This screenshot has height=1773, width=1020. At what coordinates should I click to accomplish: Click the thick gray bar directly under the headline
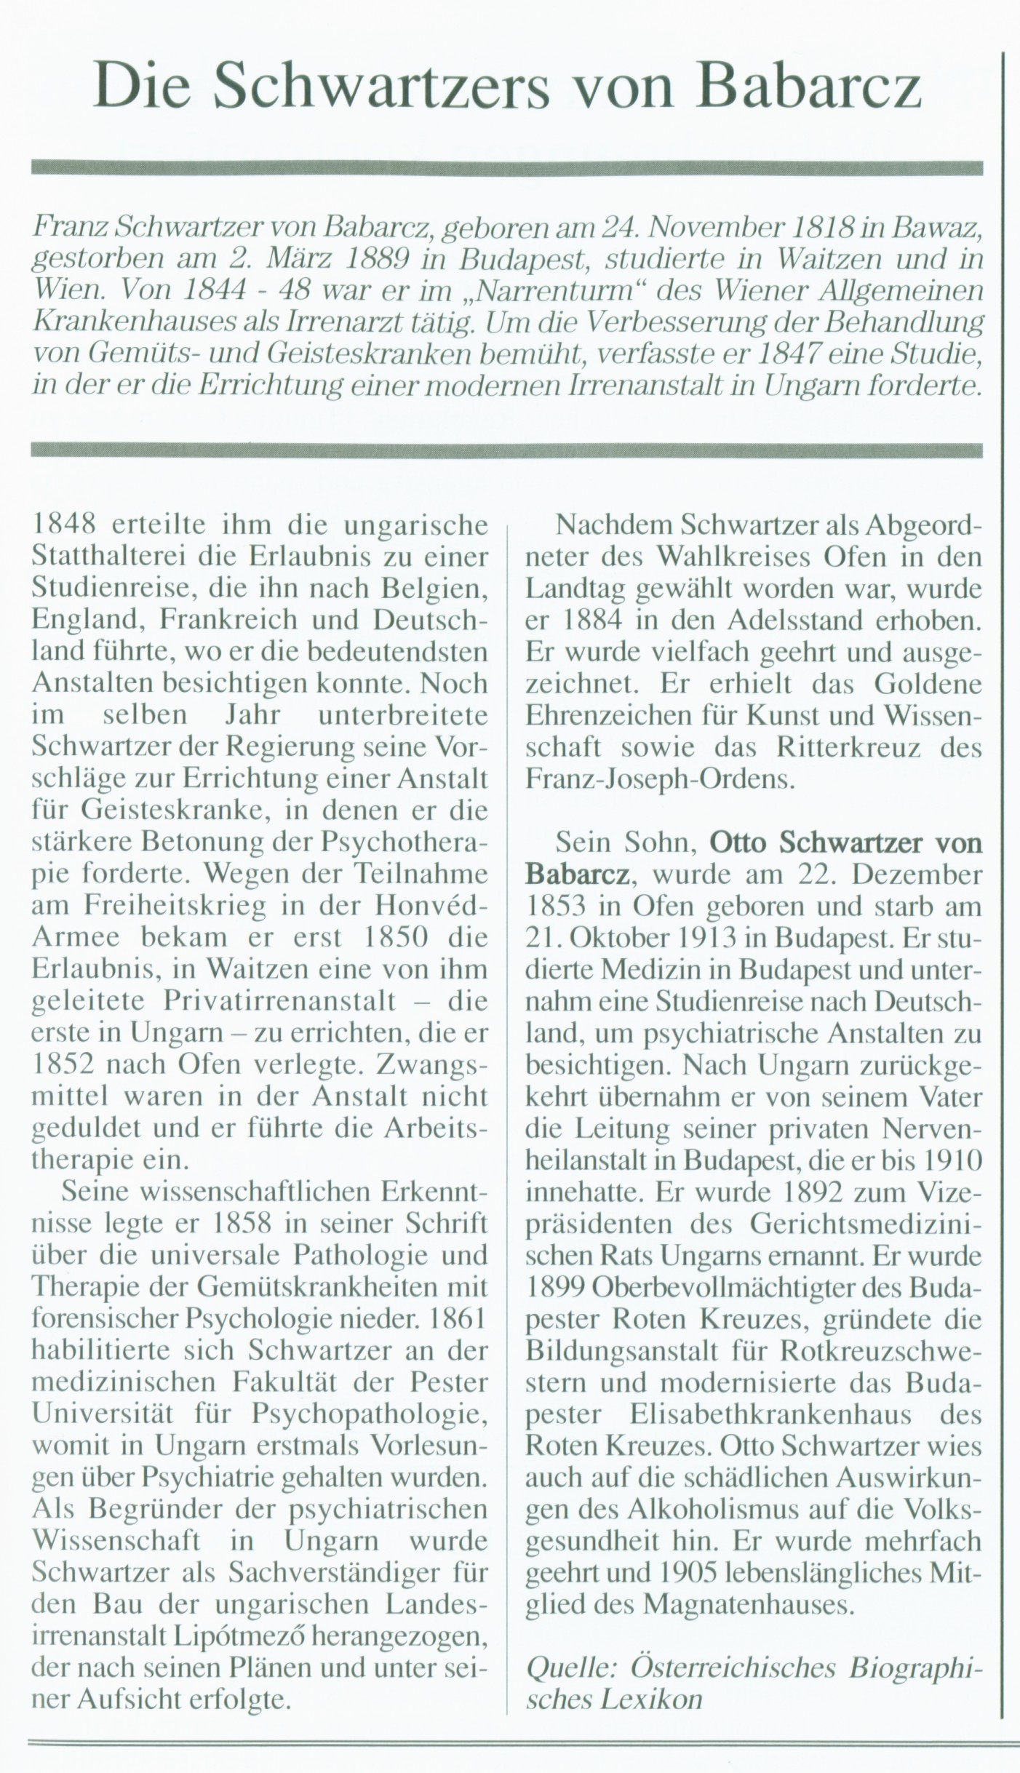[x=507, y=168]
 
